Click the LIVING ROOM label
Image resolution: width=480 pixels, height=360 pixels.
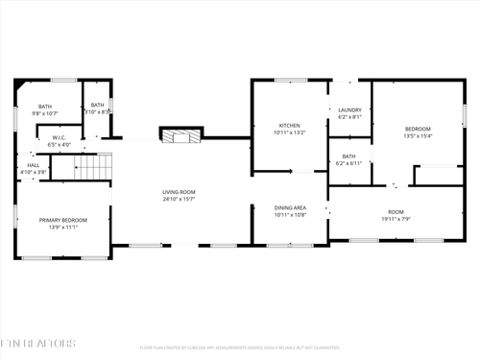(179, 193)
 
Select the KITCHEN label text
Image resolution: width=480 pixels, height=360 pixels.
(289, 126)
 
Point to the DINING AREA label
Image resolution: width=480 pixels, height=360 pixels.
(290, 207)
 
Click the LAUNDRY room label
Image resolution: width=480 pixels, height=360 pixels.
(349, 110)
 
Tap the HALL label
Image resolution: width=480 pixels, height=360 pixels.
(34, 165)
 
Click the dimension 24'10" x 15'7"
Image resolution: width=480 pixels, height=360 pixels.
(179, 200)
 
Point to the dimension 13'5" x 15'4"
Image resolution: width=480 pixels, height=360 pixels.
(418, 135)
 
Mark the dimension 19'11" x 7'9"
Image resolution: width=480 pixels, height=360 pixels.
(396, 219)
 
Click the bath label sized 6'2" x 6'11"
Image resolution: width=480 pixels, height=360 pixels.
(348, 156)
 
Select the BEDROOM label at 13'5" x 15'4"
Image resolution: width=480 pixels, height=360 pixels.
(418, 129)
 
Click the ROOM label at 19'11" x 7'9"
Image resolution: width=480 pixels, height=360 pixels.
(396, 212)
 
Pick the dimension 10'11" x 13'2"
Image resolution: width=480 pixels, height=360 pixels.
(289, 132)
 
